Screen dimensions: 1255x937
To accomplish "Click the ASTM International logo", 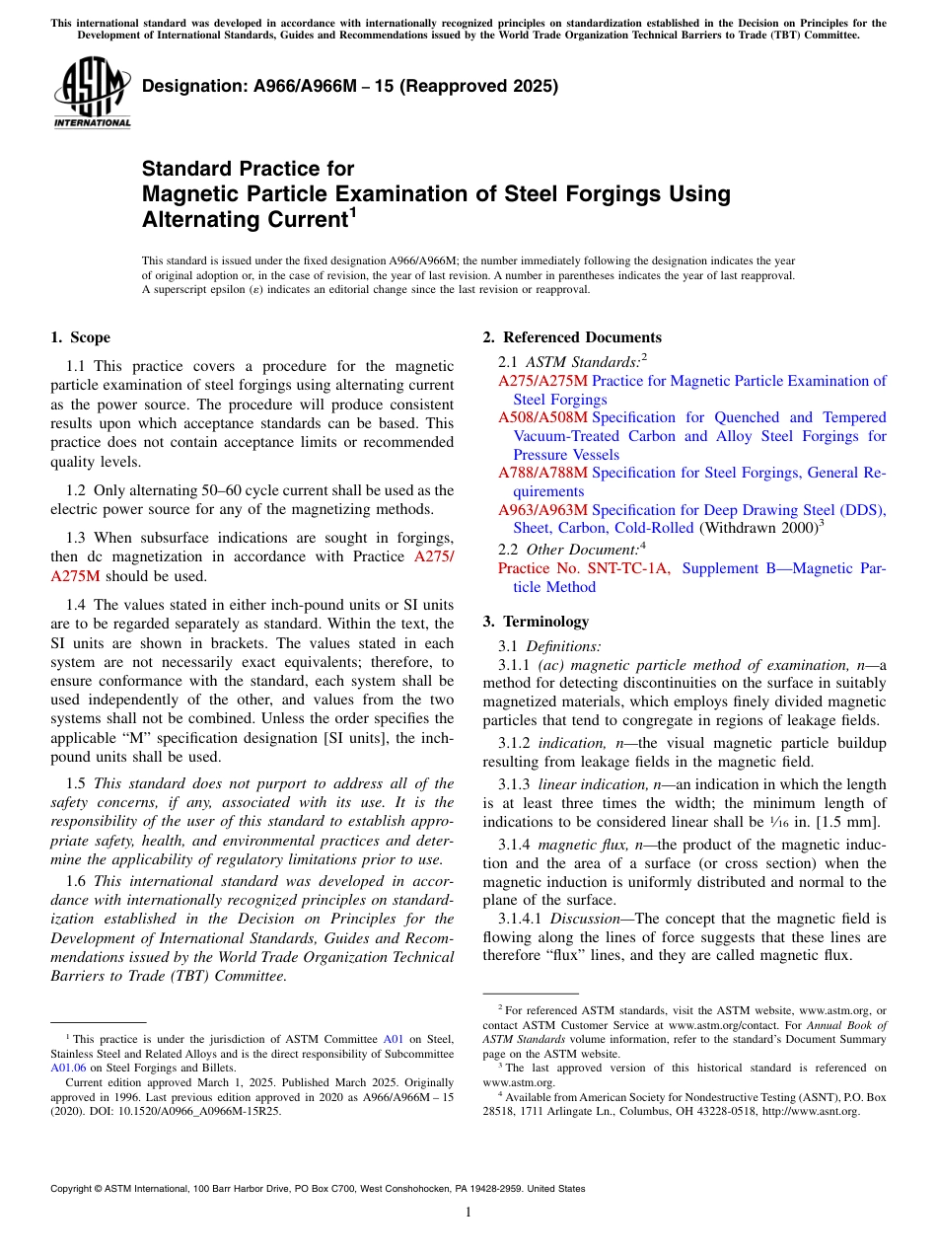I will click(92, 93).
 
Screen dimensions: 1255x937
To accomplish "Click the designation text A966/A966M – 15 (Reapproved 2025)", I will click(350, 86).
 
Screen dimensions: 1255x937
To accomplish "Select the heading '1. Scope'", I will click(80, 337).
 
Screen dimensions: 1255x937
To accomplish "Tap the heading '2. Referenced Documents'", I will click(572, 337).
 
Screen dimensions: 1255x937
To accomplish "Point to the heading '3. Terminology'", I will click(536, 622).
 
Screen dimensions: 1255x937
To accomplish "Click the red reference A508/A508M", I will click(542, 417).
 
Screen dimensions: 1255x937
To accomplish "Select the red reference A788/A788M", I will click(542, 473).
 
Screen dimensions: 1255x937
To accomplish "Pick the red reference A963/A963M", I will click(542, 510).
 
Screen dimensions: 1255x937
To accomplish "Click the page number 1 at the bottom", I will click(468, 1213).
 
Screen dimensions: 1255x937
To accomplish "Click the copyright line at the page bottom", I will click(317, 1189).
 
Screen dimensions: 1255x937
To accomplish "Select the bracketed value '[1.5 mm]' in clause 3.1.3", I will click(857, 821).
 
